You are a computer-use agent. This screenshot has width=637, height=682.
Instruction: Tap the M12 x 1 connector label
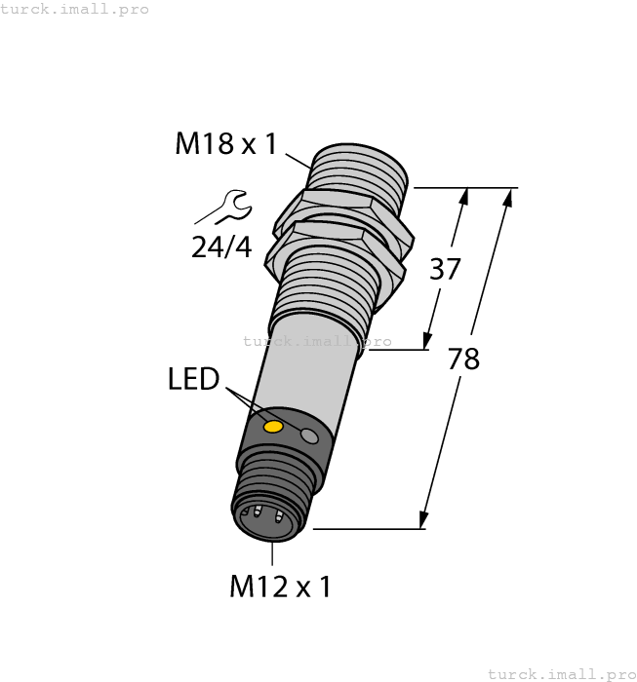click(280, 587)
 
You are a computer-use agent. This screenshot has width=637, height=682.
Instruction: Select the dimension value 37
click(445, 269)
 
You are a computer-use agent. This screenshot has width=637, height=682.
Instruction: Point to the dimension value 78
click(463, 359)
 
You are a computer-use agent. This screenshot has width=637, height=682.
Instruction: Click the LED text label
click(194, 380)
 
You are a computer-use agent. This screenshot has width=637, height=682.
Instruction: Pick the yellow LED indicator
click(274, 427)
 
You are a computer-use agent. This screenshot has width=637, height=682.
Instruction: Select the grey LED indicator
click(310, 436)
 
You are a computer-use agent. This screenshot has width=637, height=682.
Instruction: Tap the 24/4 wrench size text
click(220, 247)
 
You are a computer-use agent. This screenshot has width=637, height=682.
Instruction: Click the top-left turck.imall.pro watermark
click(74, 9)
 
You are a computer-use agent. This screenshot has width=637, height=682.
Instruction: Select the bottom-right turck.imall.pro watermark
click(561, 673)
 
